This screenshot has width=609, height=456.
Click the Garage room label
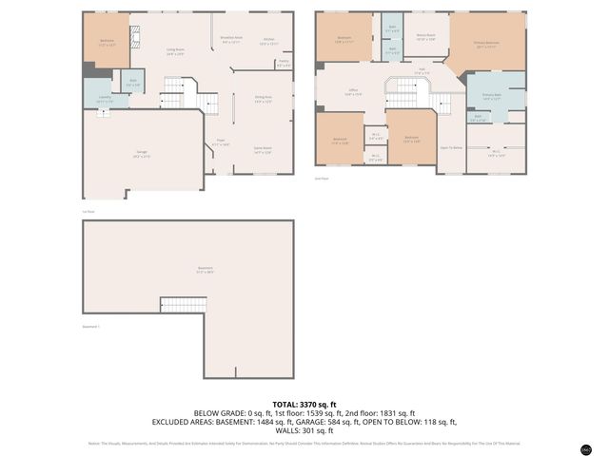[x=141, y=156]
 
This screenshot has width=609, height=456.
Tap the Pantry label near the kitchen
[x=283, y=65]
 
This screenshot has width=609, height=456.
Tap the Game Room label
[x=263, y=149]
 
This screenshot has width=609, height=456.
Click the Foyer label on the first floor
[x=220, y=142]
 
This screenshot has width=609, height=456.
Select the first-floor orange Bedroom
[x=107, y=43]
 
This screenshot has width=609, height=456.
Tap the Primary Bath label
[x=491, y=97]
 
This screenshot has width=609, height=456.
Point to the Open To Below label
[x=450, y=148]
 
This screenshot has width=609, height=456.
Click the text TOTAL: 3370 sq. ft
[x=304, y=404]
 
